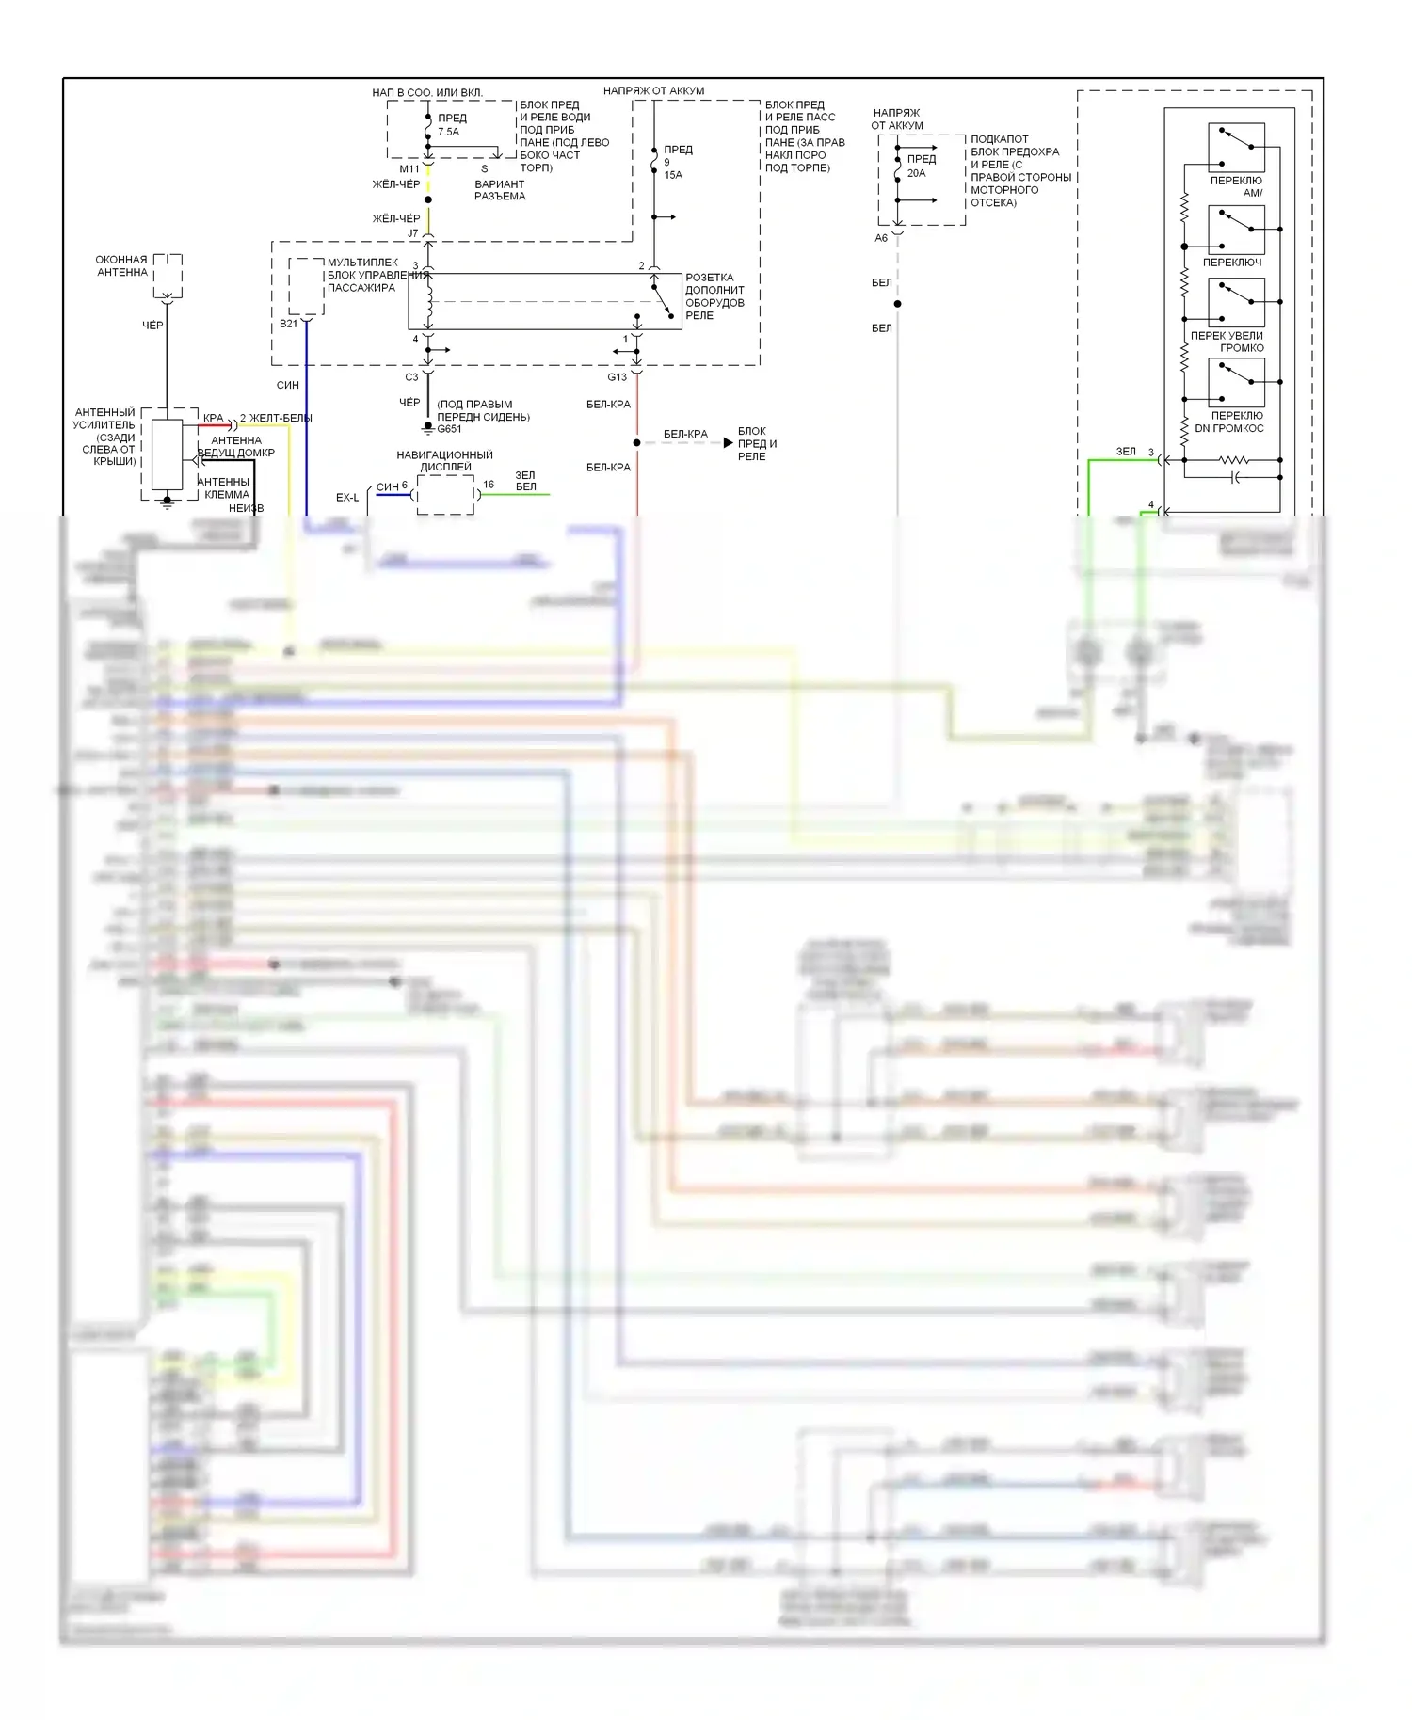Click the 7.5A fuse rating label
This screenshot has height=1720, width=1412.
448,132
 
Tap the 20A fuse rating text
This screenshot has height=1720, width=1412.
916,173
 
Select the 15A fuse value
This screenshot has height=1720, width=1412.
673,175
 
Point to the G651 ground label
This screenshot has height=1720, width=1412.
449,429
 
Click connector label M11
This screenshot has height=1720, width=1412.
409,169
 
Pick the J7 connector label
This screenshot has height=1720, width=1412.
412,233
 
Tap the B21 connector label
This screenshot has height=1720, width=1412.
288,324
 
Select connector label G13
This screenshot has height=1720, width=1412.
617,377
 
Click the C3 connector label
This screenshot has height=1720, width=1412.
411,377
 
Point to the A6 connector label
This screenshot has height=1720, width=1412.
881,238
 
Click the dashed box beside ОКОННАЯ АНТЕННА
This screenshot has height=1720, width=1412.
168,275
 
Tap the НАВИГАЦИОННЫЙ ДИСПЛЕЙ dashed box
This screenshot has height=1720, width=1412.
445,495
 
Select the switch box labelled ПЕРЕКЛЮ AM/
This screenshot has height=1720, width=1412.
1236,148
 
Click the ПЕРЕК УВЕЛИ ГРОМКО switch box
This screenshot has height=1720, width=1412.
1236,303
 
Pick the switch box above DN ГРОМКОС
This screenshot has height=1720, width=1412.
1236,383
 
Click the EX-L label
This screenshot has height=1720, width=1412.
347,498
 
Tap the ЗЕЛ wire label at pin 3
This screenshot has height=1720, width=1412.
1126,452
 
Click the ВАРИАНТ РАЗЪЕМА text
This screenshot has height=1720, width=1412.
500,190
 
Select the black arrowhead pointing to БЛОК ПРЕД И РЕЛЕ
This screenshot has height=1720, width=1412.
728,442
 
